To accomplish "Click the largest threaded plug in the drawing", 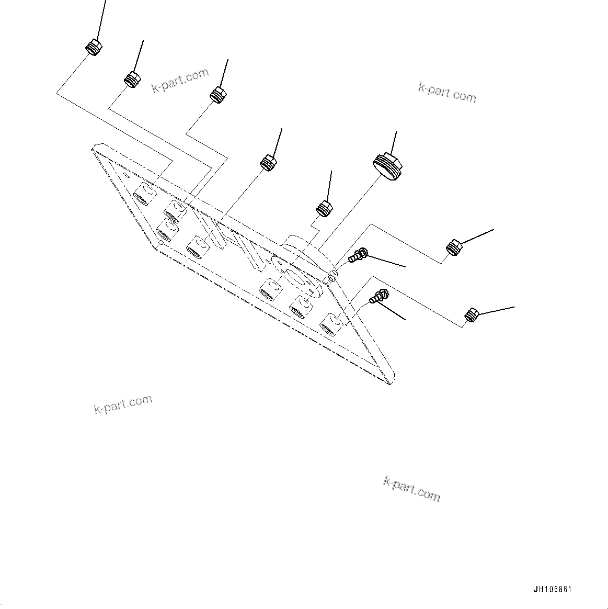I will pos(388,166).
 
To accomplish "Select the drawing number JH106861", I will pos(553,590).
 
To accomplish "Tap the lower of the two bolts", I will pos(378,297).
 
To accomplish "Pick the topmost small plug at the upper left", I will pos(93,48).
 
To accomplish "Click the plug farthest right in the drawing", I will pos(472,315).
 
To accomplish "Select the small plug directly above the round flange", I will pos(325,209).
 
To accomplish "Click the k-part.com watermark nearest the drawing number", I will pos(411,489).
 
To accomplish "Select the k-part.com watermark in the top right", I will pos(447,93).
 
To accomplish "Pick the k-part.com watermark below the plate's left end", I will pos(123,404).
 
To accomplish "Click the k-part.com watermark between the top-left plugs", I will pos(180,81).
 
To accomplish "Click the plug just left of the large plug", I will pos(269,163).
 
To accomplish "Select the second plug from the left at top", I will pos(132,79).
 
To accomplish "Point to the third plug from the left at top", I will pos(218,95).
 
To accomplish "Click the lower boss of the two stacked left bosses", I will pos(166,229).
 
